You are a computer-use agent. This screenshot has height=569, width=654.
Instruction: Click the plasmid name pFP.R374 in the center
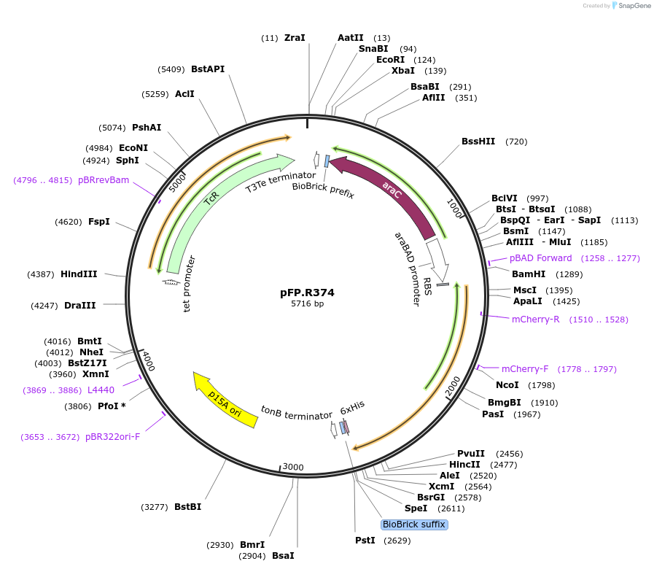pos(307,293)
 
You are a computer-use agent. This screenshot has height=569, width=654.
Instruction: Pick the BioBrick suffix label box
pos(413,525)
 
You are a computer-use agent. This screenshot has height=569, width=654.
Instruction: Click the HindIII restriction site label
pos(79,274)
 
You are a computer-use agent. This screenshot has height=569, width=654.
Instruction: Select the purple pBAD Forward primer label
pos(540,258)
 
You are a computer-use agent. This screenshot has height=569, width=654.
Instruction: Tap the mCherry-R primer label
pos(535,319)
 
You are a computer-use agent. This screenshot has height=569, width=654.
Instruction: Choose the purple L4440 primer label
pos(101,390)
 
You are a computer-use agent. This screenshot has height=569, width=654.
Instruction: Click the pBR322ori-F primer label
pos(112,437)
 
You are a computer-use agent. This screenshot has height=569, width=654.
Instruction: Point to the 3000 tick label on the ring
pos(292,467)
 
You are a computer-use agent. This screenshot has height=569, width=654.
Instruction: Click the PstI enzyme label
pos(365,541)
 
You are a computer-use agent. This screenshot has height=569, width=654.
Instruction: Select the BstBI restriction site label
pos(187,506)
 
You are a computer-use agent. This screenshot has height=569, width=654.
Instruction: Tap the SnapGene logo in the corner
pos(632,5)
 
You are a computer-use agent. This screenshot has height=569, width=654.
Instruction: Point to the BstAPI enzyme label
pos(208,69)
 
